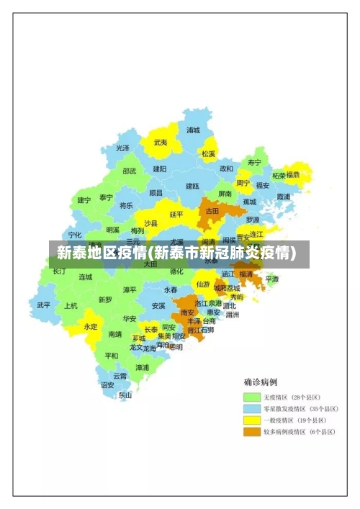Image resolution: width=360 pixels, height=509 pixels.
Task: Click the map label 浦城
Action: [x=193, y=130]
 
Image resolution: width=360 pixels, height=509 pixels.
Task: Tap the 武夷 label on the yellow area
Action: [x=161, y=143]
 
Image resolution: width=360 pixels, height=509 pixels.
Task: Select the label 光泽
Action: [x=123, y=148]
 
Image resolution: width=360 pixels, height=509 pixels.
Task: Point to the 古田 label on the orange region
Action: [x=212, y=211]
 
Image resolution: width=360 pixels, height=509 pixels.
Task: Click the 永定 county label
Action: [x=90, y=326]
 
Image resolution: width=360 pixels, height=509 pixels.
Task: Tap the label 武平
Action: [x=44, y=305]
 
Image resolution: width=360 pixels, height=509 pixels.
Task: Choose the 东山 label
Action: [x=125, y=395]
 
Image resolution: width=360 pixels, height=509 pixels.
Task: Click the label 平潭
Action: [x=272, y=279]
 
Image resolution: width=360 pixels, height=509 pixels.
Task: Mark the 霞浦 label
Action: [x=282, y=196]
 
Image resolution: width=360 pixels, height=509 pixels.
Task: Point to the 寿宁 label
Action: [x=254, y=162]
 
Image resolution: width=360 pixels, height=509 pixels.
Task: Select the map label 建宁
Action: [x=84, y=200]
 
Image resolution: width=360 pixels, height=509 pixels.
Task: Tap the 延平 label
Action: [x=176, y=214]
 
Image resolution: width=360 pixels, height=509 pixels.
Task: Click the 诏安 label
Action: [x=107, y=384]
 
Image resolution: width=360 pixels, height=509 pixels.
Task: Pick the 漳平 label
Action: [x=130, y=289]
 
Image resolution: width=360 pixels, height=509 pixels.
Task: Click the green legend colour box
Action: [x=251, y=397]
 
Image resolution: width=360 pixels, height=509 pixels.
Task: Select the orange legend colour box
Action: [x=251, y=432]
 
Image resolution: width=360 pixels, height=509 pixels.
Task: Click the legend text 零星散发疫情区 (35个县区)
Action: [x=297, y=409]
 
